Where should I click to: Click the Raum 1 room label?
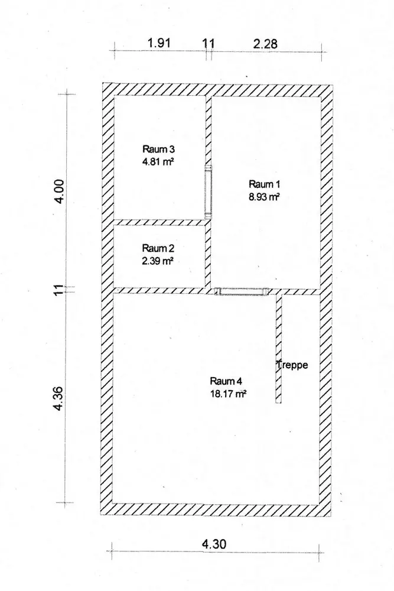(264, 184)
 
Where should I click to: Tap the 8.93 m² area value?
(263, 197)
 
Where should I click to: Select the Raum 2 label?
(158, 248)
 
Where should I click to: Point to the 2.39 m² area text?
(158, 261)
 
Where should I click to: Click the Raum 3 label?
(158, 150)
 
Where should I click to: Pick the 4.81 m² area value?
(158, 162)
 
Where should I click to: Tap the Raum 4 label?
(226, 381)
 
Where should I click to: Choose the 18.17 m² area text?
(228, 394)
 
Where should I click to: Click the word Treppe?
(292, 365)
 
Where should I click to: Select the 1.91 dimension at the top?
(159, 43)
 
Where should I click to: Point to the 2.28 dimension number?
(265, 44)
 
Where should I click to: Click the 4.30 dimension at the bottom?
(214, 544)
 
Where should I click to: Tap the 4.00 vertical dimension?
(60, 191)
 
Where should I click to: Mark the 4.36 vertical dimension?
(59, 398)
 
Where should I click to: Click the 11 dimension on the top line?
(209, 43)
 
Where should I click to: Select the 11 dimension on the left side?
(59, 290)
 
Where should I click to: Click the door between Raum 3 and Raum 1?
(209, 192)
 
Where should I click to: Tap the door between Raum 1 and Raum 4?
(241, 291)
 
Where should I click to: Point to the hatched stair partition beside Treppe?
(279, 349)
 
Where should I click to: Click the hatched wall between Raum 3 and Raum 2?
(160, 222)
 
